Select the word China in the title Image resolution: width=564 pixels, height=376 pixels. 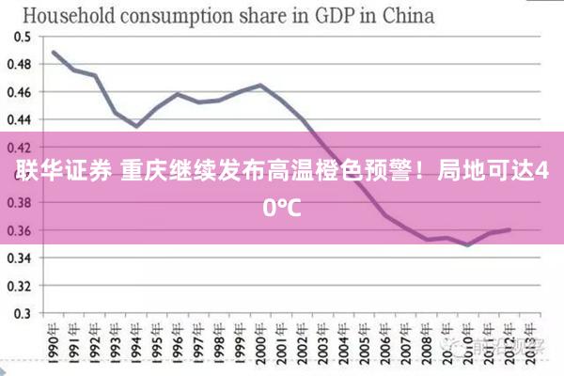click(x=404, y=15)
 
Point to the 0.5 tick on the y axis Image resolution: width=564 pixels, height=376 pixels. click(x=22, y=36)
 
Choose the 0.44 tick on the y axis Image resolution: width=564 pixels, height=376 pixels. click(x=20, y=119)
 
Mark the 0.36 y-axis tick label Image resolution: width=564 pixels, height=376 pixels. click(x=20, y=230)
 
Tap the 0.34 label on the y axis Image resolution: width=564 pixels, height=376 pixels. click(x=20, y=258)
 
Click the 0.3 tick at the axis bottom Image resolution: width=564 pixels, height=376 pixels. click(x=22, y=313)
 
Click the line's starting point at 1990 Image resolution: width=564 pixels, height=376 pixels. click(x=54, y=52)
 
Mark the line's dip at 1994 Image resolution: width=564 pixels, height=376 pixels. click(x=136, y=126)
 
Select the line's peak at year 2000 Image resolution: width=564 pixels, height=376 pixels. click(x=260, y=85)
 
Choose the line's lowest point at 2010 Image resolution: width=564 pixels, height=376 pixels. click(x=467, y=245)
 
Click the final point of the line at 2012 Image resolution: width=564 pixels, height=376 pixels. click(x=509, y=229)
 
